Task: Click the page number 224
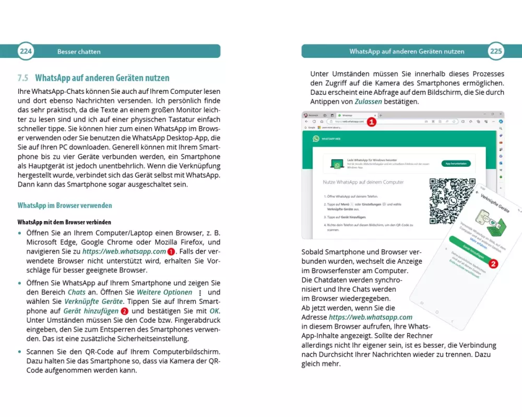[26, 51]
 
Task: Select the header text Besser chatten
[79, 52]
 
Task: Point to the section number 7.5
[22, 78]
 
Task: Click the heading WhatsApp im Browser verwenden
[65, 205]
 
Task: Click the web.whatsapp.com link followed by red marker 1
[130, 251]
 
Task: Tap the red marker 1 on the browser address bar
[371, 122]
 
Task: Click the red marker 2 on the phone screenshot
[493, 264]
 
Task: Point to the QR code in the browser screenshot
[452, 201]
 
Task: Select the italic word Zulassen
[369, 102]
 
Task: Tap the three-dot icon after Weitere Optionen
[200, 292]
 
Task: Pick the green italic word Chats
[77, 292]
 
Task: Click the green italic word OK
[215, 311]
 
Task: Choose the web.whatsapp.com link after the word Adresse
[371, 317]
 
